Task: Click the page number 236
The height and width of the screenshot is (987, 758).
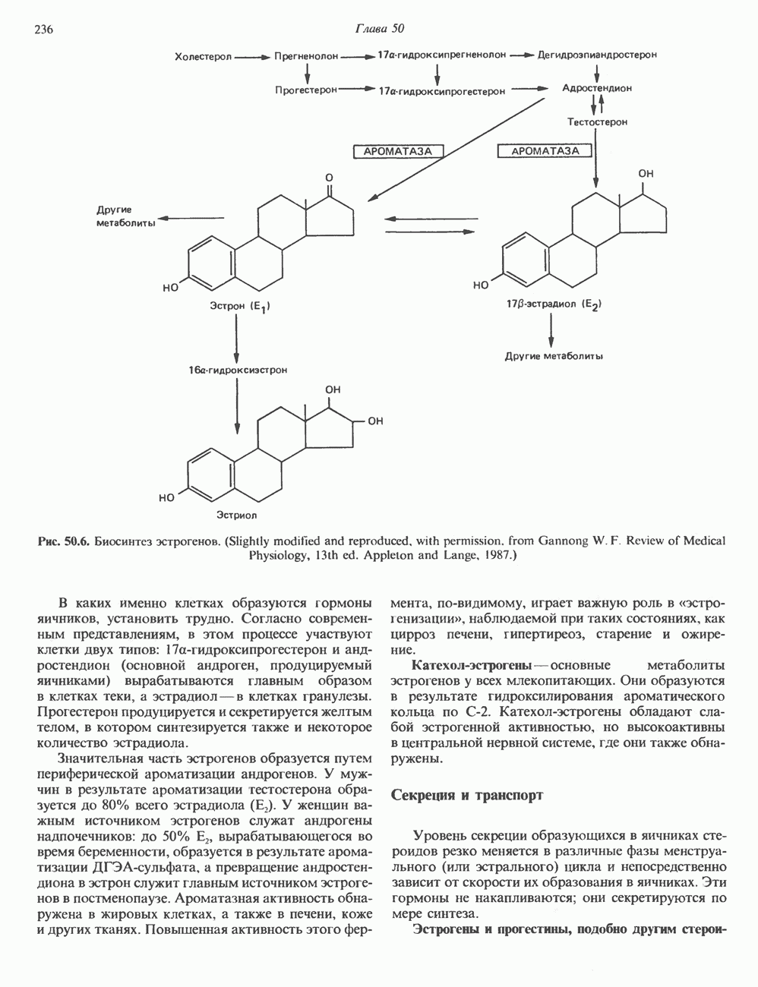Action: pos(43,30)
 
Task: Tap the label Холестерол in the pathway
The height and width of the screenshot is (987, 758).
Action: pos(203,56)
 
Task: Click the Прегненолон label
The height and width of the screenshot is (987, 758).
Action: pos(308,56)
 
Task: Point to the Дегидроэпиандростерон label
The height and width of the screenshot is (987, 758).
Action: pos(597,55)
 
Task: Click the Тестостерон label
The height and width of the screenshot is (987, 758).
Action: pos(597,121)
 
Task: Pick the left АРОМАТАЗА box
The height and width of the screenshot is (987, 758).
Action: pos(398,151)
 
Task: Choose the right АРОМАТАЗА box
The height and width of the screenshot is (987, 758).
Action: pos(545,151)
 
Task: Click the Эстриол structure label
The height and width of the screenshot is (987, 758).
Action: pos(240,516)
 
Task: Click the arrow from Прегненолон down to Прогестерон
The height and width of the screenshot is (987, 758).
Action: pos(308,74)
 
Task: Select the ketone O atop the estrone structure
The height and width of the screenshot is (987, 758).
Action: pos(329,178)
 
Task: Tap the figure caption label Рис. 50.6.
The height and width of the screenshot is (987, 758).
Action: pos(65,541)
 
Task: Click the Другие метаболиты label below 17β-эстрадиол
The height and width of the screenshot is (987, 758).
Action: pos(554,355)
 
